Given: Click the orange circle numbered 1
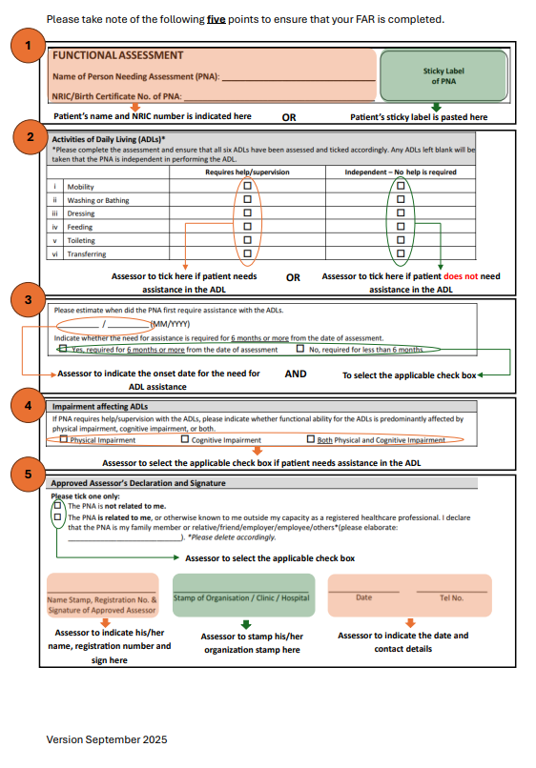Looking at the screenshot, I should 31,46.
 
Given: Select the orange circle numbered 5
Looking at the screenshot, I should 31,474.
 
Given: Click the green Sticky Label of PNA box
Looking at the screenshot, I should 443,75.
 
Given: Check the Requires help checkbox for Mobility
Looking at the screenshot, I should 248,187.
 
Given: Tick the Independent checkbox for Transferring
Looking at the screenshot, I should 401,253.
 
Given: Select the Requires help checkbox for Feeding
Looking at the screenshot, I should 248,227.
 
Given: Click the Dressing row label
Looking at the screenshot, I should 81,213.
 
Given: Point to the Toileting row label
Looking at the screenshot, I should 82,240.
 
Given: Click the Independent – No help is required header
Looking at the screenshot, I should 400,172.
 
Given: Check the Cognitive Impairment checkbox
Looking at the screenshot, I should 185,439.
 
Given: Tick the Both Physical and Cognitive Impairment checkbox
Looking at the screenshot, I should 311,439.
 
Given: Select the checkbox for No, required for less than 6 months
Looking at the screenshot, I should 300,350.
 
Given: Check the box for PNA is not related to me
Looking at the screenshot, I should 57,505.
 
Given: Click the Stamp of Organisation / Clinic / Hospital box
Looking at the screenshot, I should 242,597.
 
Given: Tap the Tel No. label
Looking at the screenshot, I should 451,597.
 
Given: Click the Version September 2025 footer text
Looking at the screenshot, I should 107,739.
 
